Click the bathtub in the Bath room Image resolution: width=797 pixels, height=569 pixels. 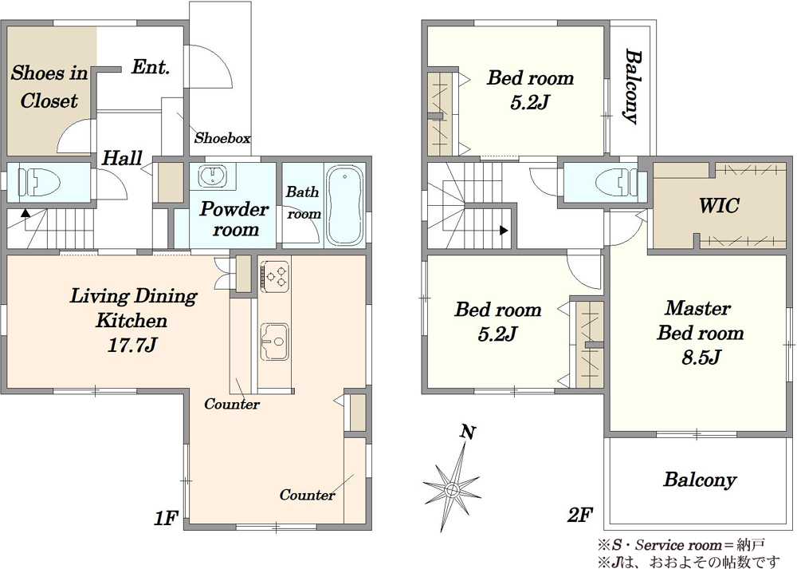(x=344, y=206)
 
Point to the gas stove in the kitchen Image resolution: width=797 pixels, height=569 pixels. (x=274, y=276)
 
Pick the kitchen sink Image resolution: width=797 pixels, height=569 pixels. (x=274, y=342)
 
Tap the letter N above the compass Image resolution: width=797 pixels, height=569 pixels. (x=468, y=433)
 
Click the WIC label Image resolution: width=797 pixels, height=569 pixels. (x=719, y=206)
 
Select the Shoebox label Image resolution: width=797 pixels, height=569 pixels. (x=222, y=138)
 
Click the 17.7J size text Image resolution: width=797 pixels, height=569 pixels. (x=132, y=346)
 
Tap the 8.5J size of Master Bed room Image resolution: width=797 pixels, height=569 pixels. (x=701, y=358)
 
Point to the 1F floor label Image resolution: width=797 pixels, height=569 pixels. (x=167, y=518)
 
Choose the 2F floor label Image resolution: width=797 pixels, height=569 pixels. (x=580, y=516)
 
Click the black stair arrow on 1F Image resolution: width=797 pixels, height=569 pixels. (x=25, y=213)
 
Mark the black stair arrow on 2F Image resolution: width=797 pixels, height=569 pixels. (x=504, y=231)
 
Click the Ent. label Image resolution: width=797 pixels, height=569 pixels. (x=151, y=67)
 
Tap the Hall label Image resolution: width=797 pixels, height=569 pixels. (x=123, y=158)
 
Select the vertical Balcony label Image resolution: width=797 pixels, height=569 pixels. (x=632, y=86)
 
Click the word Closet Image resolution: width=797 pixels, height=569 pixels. (x=49, y=101)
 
